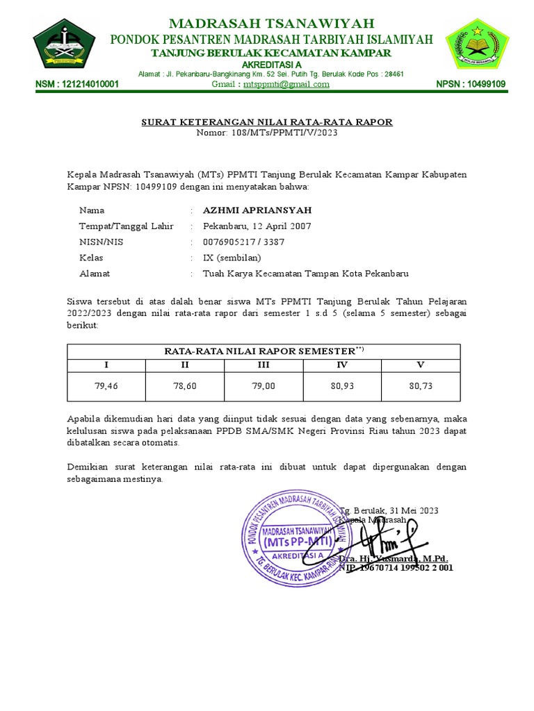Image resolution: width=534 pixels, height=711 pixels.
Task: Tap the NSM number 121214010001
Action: (77, 85)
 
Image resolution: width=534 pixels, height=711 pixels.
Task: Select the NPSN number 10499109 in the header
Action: (471, 85)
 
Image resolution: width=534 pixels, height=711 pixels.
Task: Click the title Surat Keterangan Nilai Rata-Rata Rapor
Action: (267, 122)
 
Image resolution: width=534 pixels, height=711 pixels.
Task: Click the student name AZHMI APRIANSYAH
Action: (248, 210)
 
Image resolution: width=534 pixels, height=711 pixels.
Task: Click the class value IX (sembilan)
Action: (232, 258)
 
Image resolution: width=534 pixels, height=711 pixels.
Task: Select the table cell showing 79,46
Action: (106, 387)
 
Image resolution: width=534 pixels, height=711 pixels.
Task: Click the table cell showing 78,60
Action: (185, 387)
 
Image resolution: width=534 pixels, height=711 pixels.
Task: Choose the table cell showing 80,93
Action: (341, 387)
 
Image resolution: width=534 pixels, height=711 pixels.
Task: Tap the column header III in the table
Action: (264, 365)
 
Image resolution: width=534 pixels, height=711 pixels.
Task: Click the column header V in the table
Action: (420, 365)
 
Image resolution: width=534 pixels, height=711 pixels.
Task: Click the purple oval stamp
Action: (296, 532)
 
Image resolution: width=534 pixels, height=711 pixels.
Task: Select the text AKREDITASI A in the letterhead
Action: (266, 65)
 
